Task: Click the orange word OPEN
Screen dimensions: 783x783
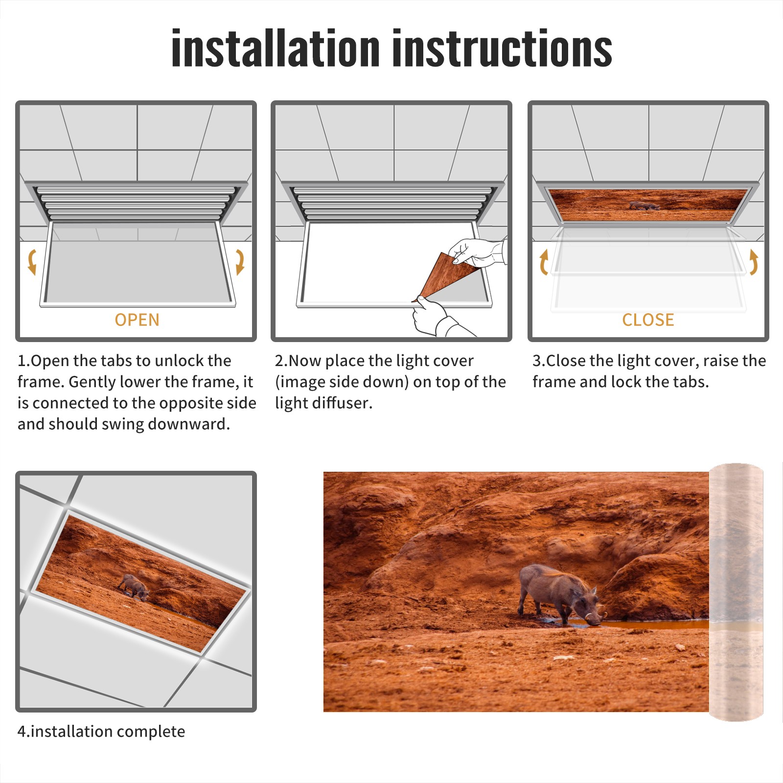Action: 137,320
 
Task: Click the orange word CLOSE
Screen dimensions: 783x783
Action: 648,320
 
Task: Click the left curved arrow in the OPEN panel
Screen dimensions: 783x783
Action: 32,262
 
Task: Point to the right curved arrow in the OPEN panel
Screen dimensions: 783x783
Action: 240,262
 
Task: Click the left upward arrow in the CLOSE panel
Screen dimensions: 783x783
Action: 544,262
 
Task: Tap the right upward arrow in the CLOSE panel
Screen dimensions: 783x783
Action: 754,262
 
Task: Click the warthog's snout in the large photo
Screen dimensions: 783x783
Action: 594,620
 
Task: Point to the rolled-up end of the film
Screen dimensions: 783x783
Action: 736,592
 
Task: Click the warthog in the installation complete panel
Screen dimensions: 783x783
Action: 134,586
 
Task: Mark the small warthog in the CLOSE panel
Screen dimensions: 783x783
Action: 644,206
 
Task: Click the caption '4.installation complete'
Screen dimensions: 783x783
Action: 101,731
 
